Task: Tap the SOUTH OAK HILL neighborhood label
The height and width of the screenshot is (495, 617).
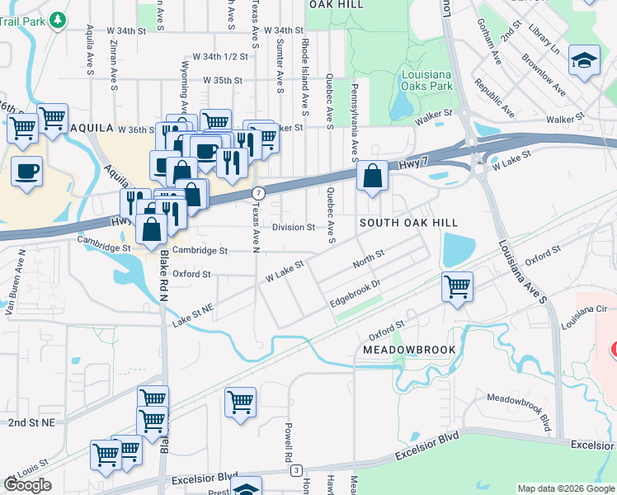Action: (x=407, y=224)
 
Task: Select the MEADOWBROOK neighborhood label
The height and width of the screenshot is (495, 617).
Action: (x=409, y=350)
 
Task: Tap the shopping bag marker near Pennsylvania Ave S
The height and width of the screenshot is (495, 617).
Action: (x=373, y=176)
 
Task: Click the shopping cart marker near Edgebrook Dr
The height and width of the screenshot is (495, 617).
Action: (x=457, y=287)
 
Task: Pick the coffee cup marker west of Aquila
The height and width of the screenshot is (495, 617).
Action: (x=27, y=172)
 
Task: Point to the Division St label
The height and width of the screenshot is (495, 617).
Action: (x=294, y=227)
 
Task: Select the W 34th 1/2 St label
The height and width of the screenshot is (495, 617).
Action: (x=220, y=56)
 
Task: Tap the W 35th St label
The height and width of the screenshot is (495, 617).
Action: (x=223, y=81)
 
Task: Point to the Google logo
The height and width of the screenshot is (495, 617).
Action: (x=27, y=485)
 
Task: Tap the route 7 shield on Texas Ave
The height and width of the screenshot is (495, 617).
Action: (x=258, y=192)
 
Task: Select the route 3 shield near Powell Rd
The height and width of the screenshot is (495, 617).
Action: (x=295, y=470)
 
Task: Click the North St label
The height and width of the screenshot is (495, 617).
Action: (x=369, y=258)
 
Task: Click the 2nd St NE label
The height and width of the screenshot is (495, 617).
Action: (x=31, y=422)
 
